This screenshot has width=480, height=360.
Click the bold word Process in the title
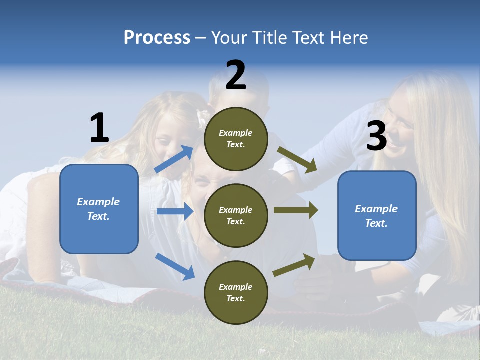157,38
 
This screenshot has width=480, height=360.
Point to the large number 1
99,128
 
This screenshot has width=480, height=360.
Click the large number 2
236,75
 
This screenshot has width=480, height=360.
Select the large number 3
376,136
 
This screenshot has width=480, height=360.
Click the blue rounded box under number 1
99,209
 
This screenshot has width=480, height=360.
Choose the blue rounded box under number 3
377,216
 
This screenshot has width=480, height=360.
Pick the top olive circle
236,139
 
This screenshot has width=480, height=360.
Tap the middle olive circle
236,215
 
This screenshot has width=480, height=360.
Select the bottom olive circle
236,292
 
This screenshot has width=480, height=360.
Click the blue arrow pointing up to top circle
174,159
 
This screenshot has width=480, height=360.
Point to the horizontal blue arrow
175,211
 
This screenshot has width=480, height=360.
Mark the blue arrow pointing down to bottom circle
175,266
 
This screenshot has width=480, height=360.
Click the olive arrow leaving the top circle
297,159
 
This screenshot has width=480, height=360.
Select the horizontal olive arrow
295,210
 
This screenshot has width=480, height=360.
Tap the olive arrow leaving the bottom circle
294,265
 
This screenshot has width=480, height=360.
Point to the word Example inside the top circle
236,133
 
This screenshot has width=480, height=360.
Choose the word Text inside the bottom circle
235,298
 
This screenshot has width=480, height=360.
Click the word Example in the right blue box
376,209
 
